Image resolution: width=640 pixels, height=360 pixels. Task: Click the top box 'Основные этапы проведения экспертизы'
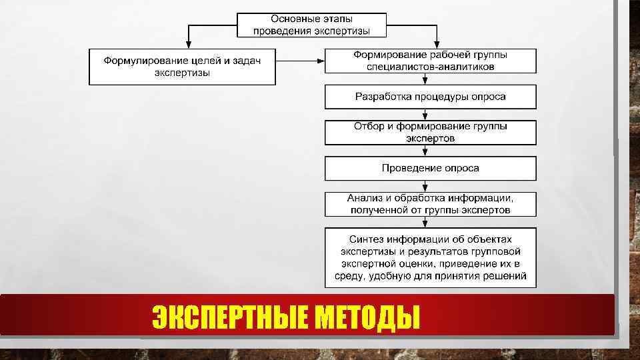tap(311, 25)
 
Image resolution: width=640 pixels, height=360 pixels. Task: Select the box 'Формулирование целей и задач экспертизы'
tap(182, 67)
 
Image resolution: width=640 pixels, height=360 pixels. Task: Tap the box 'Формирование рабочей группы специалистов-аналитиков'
tap(430, 61)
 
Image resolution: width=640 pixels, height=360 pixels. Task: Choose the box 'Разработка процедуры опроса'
tap(430, 97)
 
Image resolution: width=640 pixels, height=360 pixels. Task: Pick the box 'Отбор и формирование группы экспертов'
tap(430, 132)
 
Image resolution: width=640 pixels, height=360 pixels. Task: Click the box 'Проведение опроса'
tap(430, 168)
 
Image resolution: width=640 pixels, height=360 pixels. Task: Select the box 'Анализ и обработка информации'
tap(430, 204)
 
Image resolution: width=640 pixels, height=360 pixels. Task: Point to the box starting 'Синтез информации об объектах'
tap(430, 257)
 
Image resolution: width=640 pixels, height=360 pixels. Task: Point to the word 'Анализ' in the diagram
tap(362, 198)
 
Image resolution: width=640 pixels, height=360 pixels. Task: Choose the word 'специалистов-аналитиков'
tap(430, 67)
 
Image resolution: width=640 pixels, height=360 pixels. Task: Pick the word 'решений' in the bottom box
tap(509, 276)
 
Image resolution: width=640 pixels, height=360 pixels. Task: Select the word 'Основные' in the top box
tap(291, 19)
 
